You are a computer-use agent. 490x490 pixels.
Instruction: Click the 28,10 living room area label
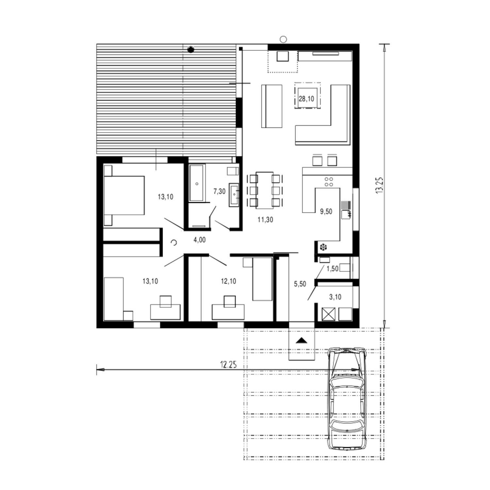coord(306,99)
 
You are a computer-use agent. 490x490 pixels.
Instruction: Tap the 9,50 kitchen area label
coord(326,211)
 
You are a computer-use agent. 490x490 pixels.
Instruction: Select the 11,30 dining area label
coord(265,220)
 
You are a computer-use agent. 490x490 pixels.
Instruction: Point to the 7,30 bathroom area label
coord(219,191)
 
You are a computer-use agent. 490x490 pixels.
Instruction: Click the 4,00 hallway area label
coord(200,240)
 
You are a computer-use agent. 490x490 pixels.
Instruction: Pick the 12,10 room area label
coord(228,281)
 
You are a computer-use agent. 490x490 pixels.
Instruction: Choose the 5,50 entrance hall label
coord(300,284)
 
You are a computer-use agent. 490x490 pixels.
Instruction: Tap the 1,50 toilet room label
coord(333,269)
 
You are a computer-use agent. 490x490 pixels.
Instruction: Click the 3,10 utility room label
coord(335,297)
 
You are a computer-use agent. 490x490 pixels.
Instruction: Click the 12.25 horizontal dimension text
coord(228,365)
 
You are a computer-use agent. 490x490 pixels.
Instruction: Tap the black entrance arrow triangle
coord(302,340)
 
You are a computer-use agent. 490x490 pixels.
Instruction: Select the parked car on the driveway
coord(347,399)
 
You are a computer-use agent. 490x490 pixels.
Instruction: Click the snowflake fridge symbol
coord(323,247)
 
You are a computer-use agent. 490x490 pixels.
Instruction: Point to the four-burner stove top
coord(329,182)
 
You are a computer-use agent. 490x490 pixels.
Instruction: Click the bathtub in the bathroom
coord(197,183)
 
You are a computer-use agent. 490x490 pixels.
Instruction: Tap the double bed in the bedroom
coord(124,195)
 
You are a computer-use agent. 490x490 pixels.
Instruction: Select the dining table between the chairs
coord(265,190)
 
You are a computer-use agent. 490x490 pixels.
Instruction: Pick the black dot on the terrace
coord(191,50)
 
